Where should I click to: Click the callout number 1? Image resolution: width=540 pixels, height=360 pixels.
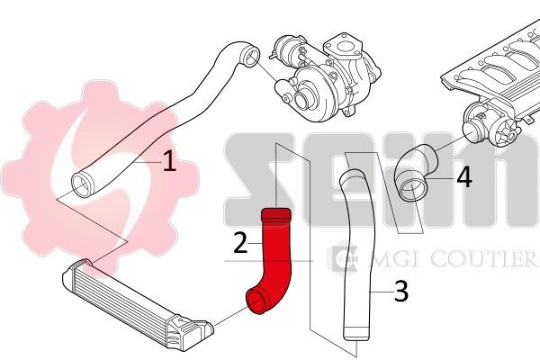(169, 162)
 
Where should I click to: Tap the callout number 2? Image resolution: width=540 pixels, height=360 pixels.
(239, 242)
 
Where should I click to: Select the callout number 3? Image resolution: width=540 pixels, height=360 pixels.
(401, 291)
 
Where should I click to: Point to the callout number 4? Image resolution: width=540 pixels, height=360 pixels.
(463, 175)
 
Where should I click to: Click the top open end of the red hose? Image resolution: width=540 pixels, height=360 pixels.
(274, 214)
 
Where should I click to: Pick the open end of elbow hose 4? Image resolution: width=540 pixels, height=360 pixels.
(413, 190)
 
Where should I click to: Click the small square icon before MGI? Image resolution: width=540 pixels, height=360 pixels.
(343, 259)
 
